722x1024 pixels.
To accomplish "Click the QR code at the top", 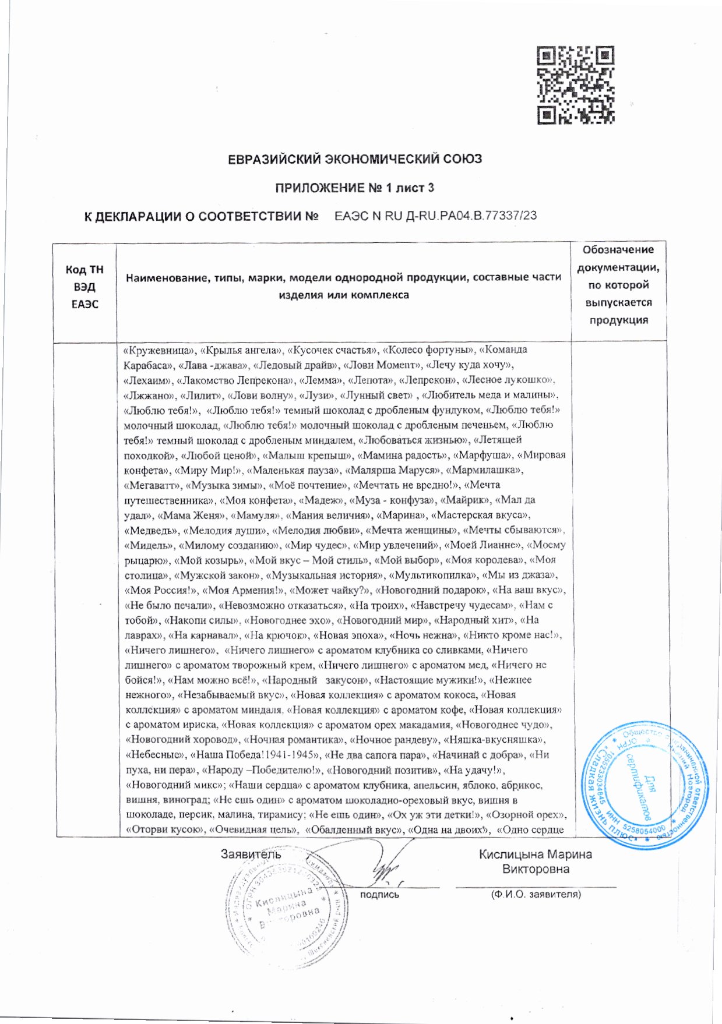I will (576, 86).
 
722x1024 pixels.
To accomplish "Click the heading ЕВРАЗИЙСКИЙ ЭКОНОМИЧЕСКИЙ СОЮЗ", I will (354, 159).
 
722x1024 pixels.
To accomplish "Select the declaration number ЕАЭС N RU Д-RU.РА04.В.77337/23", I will (435, 216).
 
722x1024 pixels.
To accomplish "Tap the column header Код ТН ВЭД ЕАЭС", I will (84, 287).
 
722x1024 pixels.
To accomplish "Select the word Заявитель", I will (251, 854).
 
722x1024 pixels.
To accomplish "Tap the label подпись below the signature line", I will (379, 894).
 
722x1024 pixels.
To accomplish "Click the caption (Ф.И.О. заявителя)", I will (536, 894).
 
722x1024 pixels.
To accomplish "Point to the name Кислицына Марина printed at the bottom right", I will (535, 854).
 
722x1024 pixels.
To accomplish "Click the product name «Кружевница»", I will (159, 350).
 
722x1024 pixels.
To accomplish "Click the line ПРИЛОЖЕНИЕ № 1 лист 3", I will (354, 188).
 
